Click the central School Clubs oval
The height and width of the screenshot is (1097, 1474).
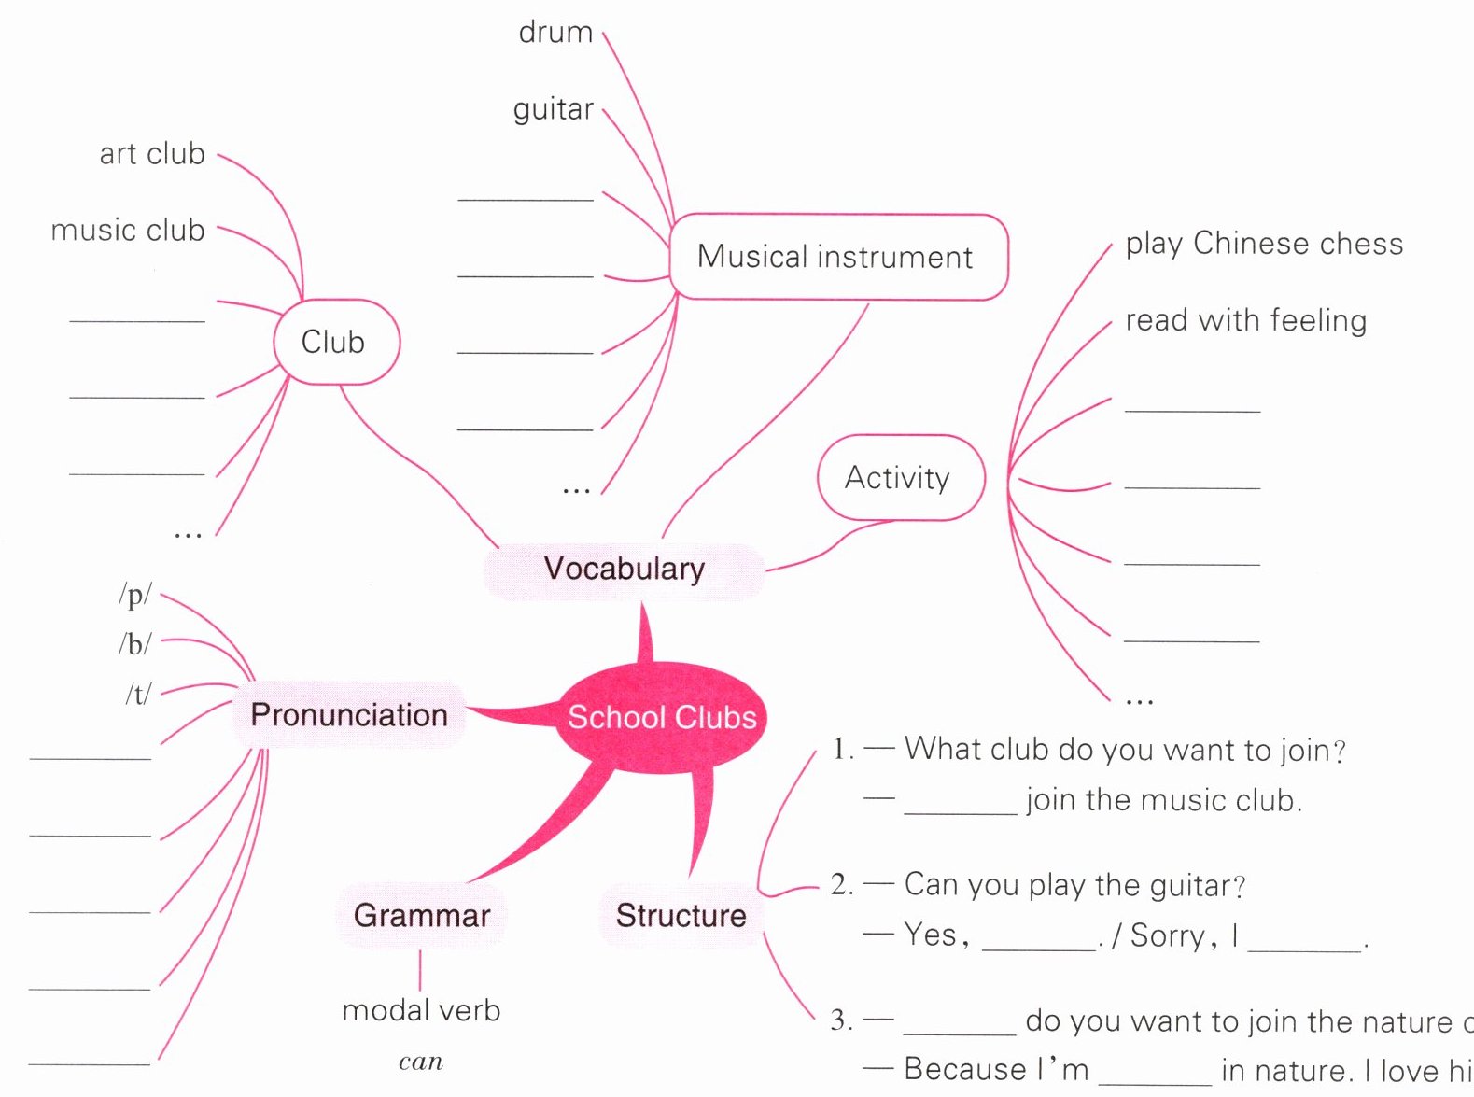[x=661, y=717]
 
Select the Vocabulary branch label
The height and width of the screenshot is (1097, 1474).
[x=624, y=570]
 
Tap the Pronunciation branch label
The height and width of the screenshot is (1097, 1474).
[x=349, y=715]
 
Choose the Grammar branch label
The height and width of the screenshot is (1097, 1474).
[x=422, y=916]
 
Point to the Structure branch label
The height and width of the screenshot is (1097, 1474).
[x=681, y=916]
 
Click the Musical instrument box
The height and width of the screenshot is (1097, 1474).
[x=838, y=257]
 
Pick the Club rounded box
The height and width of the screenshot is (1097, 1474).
[x=336, y=342]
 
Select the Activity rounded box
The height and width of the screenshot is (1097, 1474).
[x=901, y=477]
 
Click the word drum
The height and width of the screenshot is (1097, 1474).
[x=555, y=32]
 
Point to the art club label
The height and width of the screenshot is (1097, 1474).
[x=152, y=153]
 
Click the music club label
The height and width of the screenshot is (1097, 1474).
[x=128, y=230]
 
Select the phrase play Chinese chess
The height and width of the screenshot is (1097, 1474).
[x=1264, y=244]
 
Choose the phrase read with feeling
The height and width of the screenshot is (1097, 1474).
[x=1246, y=321]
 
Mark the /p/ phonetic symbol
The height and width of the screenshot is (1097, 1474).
[x=135, y=595]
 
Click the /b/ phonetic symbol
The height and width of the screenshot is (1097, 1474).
[x=135, y=643]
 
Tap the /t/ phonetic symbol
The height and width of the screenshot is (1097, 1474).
[x=139, y=694]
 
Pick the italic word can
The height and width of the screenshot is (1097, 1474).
[x=421, y=1062]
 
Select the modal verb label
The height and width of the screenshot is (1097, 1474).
[x=421, y=1011]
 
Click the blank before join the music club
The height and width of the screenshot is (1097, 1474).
[x=961, y=812]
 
